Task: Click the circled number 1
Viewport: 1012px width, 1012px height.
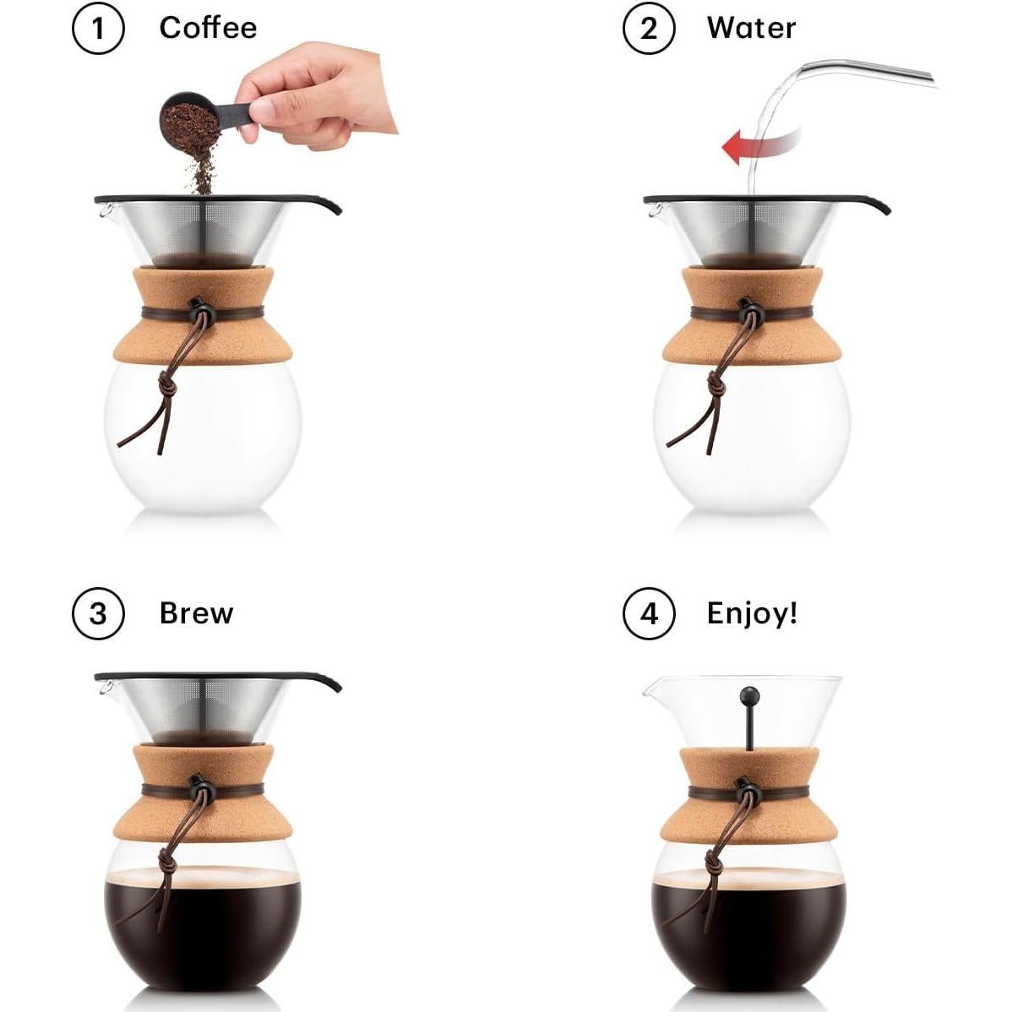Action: click(x=98, y=29)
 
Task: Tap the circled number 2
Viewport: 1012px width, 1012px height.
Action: click(x=649, y=29)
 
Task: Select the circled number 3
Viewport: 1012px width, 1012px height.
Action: click(x=98, y=613)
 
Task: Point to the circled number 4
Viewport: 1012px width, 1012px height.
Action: click(x=649, y=613)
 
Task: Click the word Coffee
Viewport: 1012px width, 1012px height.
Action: click(x=208, y=28)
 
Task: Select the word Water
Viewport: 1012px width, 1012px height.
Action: click(x=751, y=28)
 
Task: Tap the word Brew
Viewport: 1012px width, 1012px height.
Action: click(x=196, y=612)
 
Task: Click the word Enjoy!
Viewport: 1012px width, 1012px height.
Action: click(x=752, y=612)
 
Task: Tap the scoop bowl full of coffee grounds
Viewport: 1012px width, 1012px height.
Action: click(x=188, y=120)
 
